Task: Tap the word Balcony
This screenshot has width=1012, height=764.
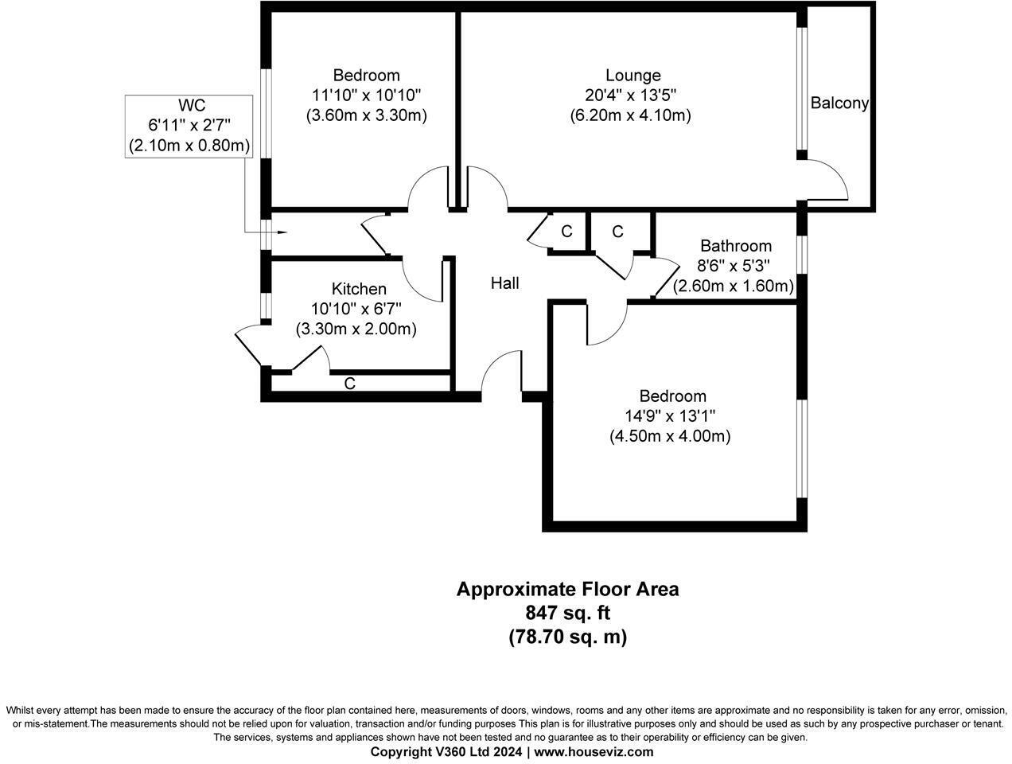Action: click(839, 103)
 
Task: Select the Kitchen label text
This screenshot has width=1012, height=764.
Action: click(359, 289)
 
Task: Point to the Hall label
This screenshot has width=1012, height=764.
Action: click(504, 283)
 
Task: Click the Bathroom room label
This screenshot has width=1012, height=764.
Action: click(735, 246)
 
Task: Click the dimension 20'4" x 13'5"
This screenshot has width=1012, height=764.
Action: click(630, 95)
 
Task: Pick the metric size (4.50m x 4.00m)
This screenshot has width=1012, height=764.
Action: click(670, 436)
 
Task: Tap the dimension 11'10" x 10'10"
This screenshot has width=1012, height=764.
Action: click(366, 95)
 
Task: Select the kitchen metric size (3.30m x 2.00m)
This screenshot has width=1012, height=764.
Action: click(356, 328)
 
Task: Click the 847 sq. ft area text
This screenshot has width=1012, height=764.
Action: click(567, 613)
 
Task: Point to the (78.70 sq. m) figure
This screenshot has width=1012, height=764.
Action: click(567, 637)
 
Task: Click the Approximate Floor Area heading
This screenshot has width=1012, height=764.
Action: click(567, 589)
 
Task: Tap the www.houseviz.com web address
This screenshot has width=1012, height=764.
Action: click(594, 751)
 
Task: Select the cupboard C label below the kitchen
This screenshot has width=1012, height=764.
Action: click(349, 384)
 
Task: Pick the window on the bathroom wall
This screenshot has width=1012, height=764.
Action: click(803, 254)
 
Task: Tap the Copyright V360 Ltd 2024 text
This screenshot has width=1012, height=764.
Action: click(446, 751)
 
